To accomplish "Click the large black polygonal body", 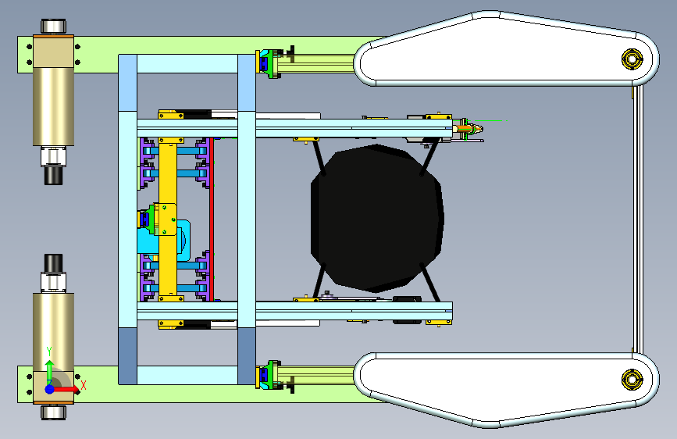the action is coord(376,218).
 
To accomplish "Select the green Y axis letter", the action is coord(49,352).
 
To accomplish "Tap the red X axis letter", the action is coord(84,385).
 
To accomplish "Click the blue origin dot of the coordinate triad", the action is coord(50,389).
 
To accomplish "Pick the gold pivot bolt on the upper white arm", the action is coord(632,59).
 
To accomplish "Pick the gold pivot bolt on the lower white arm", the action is coord(632,380).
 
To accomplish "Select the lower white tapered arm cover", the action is coord(505,389).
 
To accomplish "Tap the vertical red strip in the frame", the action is coord(212,219).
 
